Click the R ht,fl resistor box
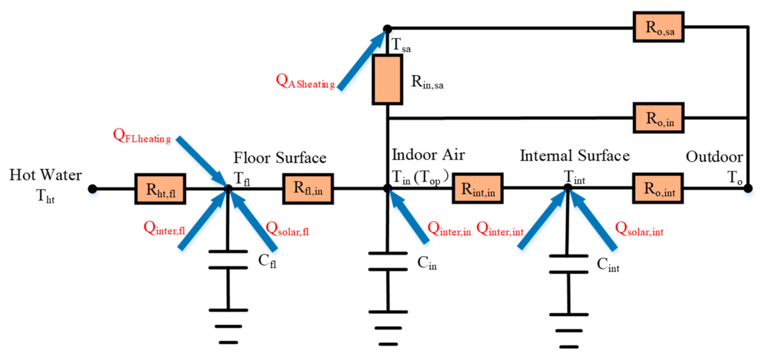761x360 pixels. [160, 189]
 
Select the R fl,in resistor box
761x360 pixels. [308, 189]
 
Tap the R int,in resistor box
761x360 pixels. [478, 189]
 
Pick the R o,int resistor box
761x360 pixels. [658, 189]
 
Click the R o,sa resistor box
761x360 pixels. [659, 27]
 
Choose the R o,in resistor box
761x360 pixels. [659, 118]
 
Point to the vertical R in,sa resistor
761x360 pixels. [387, 80]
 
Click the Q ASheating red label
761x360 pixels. [305, 82]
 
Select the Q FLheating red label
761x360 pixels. [142, 136]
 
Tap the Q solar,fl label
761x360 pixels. [287, 230]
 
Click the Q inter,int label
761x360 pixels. [500, 230]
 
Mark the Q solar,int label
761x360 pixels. [639, 230]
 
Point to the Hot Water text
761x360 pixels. [46, 175]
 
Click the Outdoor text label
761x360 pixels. [714, 157]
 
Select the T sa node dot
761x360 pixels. [387, 28]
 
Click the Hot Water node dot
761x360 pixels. [92, 189]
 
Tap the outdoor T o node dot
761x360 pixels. [748, 189]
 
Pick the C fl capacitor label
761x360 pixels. [267, 261]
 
